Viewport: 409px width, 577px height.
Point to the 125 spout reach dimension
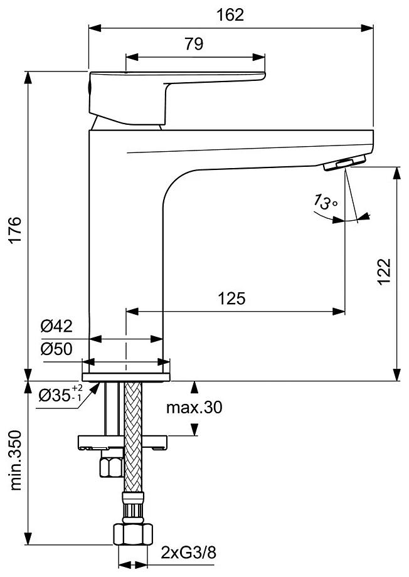[x=231, y=299]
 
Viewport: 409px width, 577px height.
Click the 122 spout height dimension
[x=384, y=271]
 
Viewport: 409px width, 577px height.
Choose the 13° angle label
[x=325, y=203]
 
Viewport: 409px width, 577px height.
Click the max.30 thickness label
[x=194, y=408]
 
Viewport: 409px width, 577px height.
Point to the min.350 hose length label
[x=15, y=460]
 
